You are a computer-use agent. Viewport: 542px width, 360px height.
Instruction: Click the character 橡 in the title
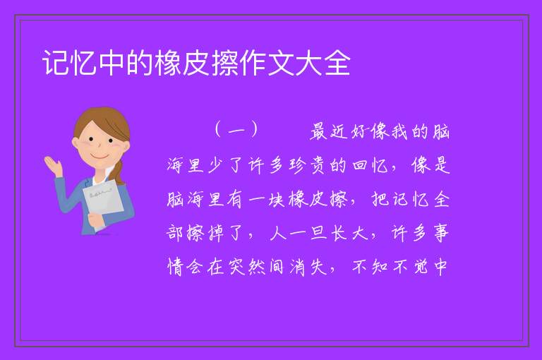(x=168, y=63)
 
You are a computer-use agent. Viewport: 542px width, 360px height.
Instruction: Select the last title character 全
(x=337, y=63)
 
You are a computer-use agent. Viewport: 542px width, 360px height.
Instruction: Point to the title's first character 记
(x=55, y=63)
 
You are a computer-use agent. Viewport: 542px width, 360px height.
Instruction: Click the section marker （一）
(x=236, y=130)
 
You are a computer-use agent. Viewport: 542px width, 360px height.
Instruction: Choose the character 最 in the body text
(x=318, y=132)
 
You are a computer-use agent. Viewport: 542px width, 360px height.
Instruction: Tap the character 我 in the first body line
(x=399, y=132)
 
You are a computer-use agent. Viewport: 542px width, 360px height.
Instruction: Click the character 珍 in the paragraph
(x=298, y=165)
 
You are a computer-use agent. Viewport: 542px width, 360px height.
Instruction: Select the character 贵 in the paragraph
(x=318, y=165)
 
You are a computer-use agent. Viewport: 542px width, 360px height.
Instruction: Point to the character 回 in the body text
(x=359, y=165)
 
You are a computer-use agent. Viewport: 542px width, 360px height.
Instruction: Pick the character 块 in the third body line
(x=277, y=199)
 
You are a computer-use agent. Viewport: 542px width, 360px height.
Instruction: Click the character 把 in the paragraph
(x=380, y=199)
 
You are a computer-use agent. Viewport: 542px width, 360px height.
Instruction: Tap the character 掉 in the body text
(x=216, y=233)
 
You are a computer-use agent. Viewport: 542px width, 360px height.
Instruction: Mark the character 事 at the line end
(x=441, y=233)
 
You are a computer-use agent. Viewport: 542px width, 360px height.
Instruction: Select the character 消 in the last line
(x=298, y=267)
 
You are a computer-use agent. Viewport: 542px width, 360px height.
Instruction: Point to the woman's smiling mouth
(x=100, y=156)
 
